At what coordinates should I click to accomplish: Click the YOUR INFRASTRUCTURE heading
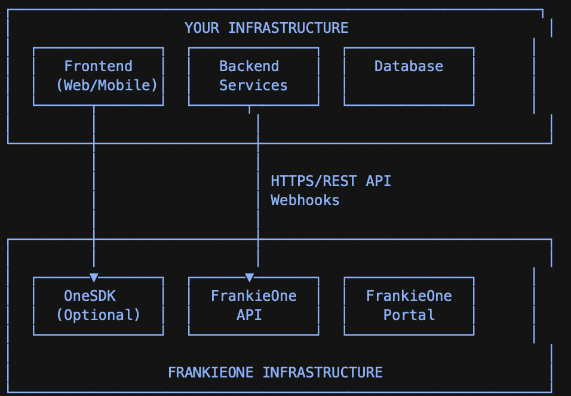(x=266, y=28)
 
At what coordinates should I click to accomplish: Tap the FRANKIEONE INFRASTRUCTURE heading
(x=275, y=373)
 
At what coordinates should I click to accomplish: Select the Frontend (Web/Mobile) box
(x=99, y=76)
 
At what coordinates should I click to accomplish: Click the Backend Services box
(x=253, y=76)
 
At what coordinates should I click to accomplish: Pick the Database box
(x=409, y=76)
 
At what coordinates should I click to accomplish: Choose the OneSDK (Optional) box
(x=99, y=306)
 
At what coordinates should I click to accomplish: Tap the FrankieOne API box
(x=253, y=306)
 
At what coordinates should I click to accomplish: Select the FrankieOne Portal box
(x=409, y=306)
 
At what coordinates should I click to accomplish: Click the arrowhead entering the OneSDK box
(x=94, y=277)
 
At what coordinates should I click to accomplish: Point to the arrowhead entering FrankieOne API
(x=250, y=277)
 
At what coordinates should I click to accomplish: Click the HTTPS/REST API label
(x=331, y=181)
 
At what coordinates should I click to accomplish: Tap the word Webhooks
(x=305, y=200)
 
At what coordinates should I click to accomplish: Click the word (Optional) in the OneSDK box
(x=99, y=315)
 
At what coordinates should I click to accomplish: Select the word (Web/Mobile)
(x=107, y=85)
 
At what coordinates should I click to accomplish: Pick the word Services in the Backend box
(x=253, y=85)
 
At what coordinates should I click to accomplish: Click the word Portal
(x=409, y=315)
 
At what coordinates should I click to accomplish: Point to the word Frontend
(x=99, y=66)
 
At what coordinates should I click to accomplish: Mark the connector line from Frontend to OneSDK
(x=94, y=191)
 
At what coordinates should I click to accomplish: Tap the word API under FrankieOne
(x=249, y=315)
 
